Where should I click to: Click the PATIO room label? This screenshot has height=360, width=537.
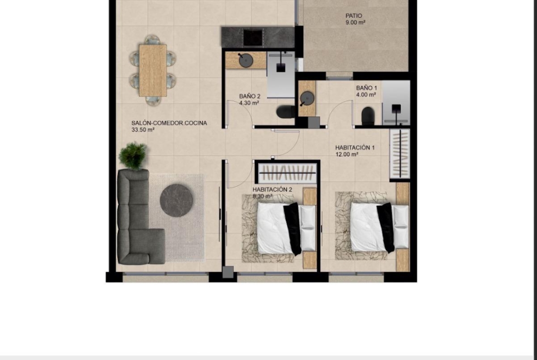point(354,16)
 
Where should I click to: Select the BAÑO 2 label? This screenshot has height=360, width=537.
point(250,96)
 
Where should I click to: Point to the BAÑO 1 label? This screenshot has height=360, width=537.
point(366,88)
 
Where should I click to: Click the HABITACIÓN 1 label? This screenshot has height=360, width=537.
point(355,148)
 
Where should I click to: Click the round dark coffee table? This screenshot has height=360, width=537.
point(176,200)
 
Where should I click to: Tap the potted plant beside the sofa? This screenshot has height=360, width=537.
point(133,156)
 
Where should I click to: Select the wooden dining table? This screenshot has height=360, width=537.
point(153,70)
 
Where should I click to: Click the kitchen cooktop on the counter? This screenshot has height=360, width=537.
point(253,37)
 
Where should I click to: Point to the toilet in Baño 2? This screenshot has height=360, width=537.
point(285,112)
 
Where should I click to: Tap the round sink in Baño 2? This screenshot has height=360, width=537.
point(246,61)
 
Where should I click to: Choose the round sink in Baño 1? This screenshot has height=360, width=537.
point(307,99)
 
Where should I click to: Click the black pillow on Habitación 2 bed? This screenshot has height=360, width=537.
point(292,228)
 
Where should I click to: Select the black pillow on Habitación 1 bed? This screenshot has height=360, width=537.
point(386,227)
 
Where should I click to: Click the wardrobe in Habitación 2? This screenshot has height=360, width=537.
point(287,173)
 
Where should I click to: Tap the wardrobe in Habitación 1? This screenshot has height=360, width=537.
point(400,154)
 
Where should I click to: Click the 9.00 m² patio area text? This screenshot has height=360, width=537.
point(356,22)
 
